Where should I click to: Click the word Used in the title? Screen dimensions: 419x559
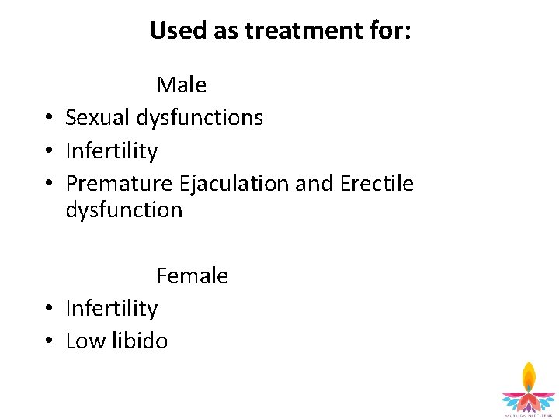click(x=175, y=31)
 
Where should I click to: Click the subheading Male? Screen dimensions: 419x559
click(x=181, y=85)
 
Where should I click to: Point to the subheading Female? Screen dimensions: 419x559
click(x=192, y=275)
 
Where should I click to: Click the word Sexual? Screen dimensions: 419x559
click(x=99, y=118)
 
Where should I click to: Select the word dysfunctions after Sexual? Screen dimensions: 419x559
click(x=200, y=118)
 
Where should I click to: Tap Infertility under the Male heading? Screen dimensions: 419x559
click(x=112, y=151)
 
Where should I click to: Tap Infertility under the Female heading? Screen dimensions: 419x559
click(x=112, y=308)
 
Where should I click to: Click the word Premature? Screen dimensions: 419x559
click(x=120, y=184)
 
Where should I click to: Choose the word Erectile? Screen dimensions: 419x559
click(x=377, y=184)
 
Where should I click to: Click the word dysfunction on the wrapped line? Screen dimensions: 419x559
click(x=124, y=210)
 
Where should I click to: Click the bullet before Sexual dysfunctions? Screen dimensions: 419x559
click(x=48, y=119)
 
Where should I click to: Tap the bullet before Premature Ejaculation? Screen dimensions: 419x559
click(x=48, y=185)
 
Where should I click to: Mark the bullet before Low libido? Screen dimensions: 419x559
click(x=48, y=342)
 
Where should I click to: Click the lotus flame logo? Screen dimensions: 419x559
click(x=528, y=388)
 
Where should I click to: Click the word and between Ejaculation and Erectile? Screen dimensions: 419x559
click(x=314, y=184)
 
